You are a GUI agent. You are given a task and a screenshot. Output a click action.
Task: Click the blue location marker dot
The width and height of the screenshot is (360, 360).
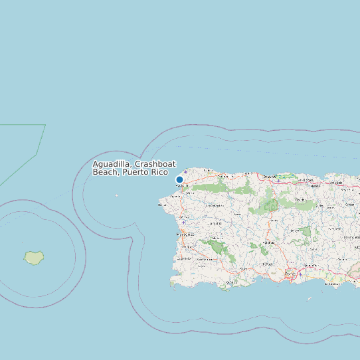179,179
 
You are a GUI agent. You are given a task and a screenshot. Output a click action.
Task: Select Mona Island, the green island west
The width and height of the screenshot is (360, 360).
33,258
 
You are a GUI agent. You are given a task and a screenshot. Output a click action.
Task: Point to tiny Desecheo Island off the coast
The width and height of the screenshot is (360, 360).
116,195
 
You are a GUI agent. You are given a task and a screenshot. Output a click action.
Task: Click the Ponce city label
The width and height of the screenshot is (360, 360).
290,274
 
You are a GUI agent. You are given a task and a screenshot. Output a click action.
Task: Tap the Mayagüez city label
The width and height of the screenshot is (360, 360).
184,234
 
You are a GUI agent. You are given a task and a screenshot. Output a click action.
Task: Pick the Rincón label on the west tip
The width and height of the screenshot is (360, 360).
162,205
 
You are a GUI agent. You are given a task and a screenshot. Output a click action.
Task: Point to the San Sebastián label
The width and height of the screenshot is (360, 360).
214,206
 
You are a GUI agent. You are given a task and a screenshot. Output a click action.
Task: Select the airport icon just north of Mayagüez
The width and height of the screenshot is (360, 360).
184,223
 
